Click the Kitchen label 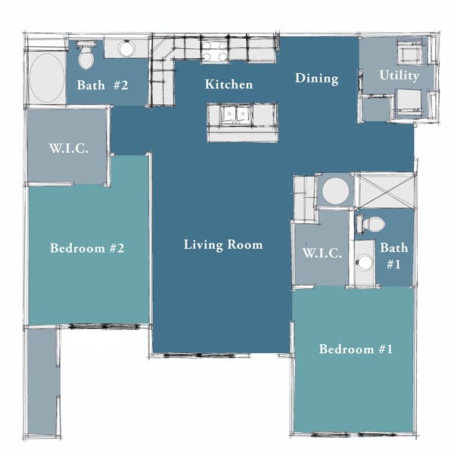[229, 85]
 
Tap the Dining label [316, 79]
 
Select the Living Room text [223, 245]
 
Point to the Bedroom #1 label [356, 349]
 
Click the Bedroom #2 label [86, 248]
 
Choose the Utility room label [400, 76]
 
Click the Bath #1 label [394, 256]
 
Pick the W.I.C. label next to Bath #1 [322, 253]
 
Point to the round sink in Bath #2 [126, 49]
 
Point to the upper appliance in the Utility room [409, 54]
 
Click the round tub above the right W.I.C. [334, 190]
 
